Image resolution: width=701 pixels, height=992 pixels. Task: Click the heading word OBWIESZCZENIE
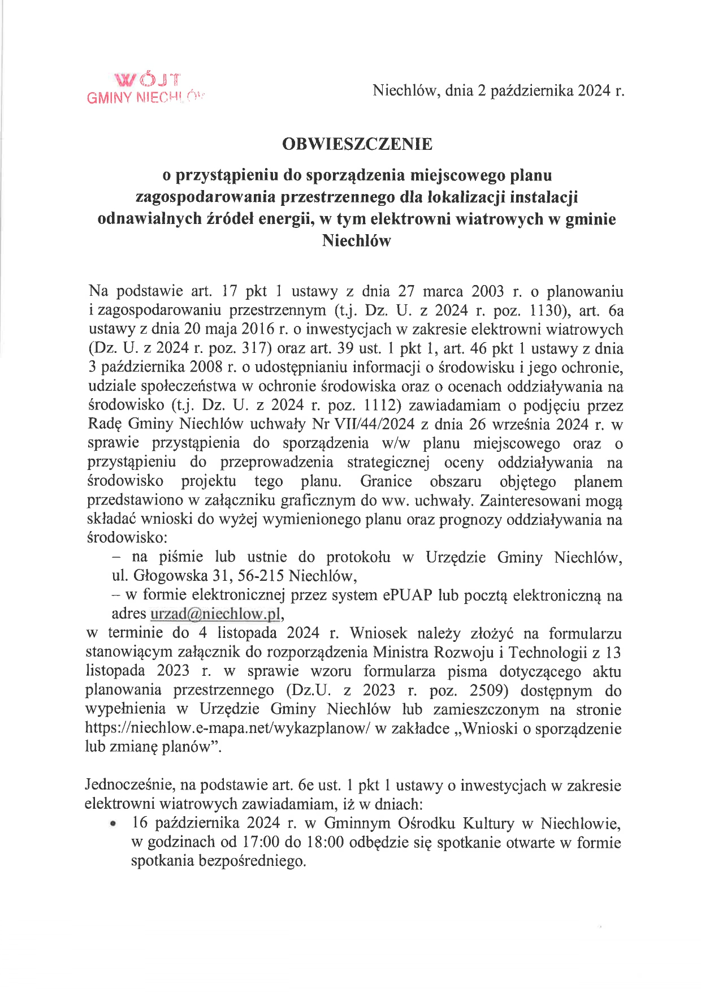357,144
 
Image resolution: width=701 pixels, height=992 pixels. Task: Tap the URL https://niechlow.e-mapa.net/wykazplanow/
228,728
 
